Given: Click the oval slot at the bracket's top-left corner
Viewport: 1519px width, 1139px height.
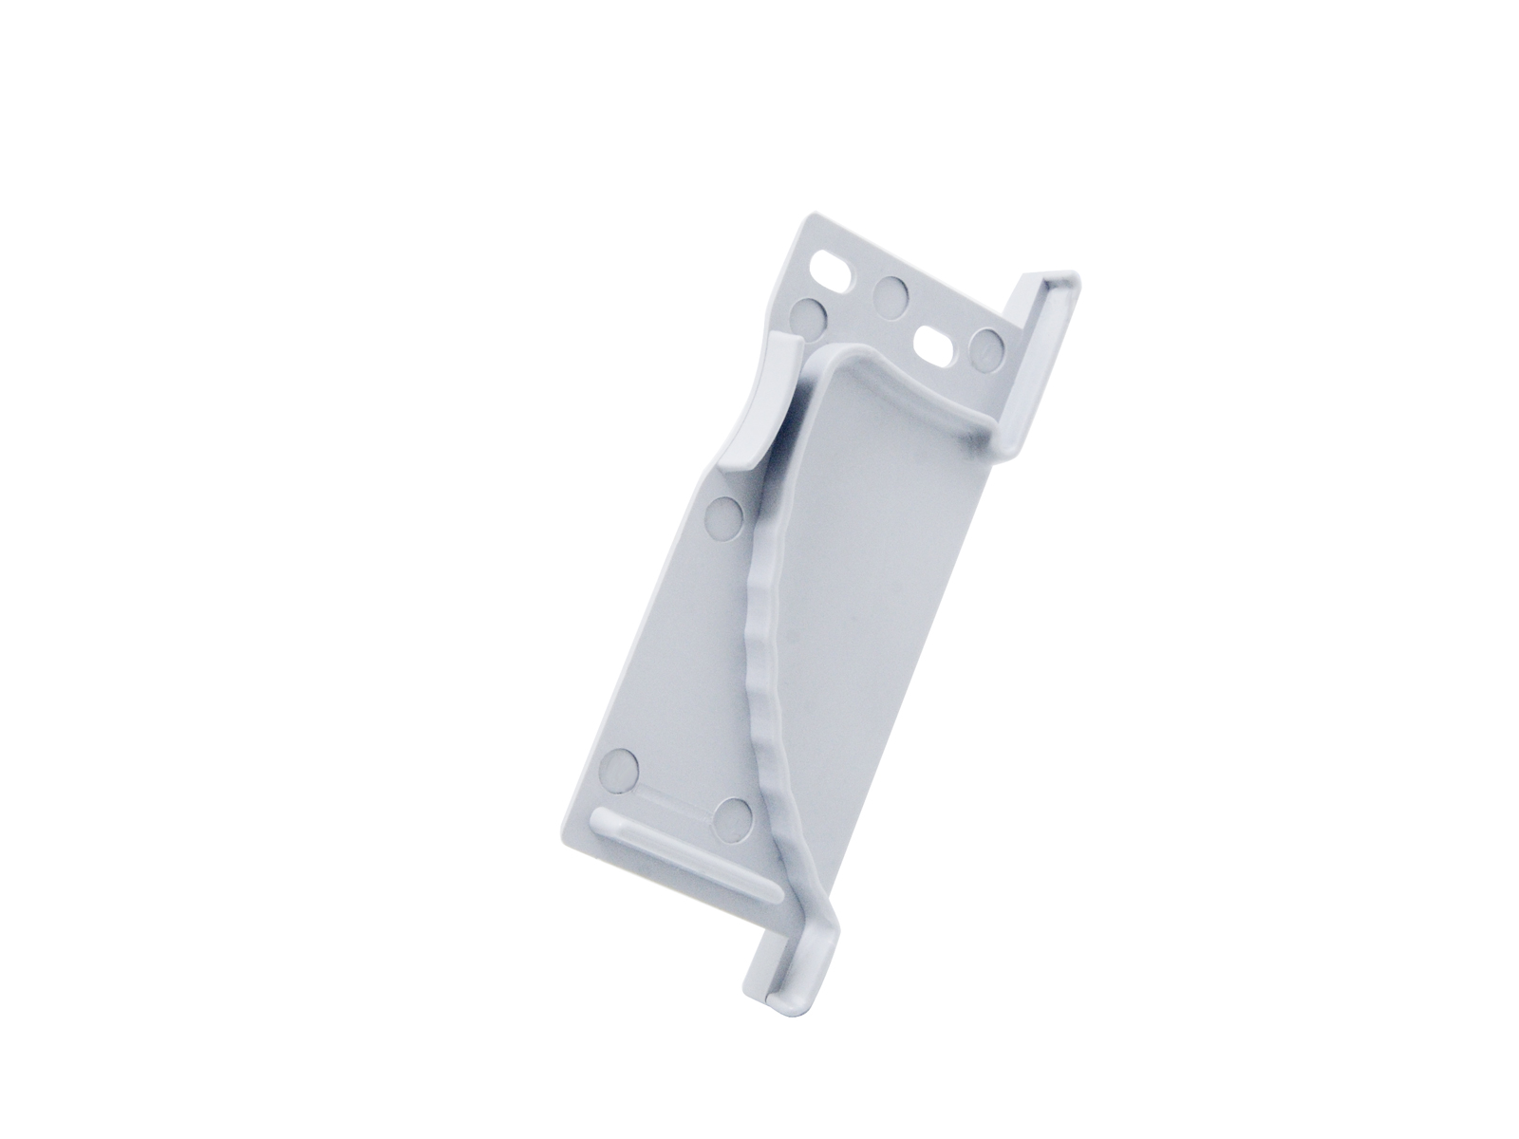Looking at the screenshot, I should pyautogui.click(x=834, y=268).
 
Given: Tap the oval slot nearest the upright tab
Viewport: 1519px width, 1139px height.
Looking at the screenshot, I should pyautogui.click(x=935, y=345).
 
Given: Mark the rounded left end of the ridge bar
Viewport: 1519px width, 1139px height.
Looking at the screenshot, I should pyautogui.click(x=602, y=822).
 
